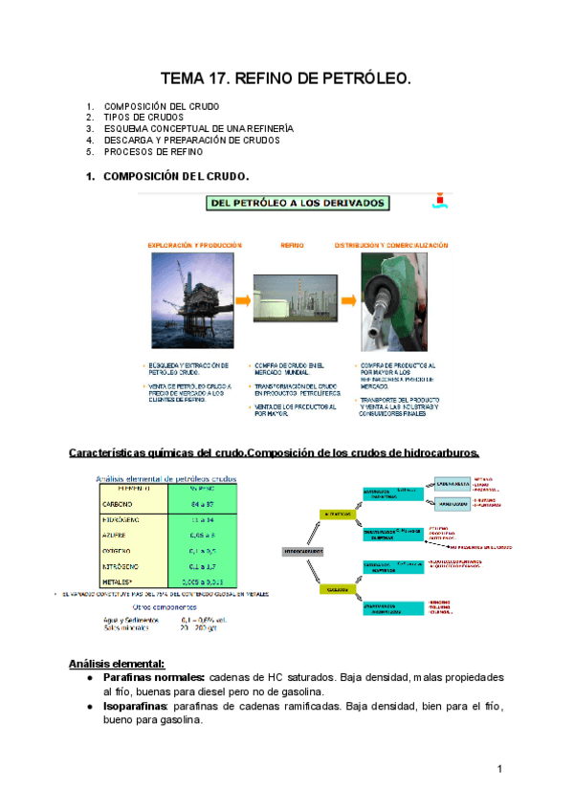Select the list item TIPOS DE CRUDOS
(143, 117)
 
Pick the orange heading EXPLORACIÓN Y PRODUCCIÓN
(188, 246)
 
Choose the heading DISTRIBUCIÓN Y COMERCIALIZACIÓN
(390, 246)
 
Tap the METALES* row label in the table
(119, 581)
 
